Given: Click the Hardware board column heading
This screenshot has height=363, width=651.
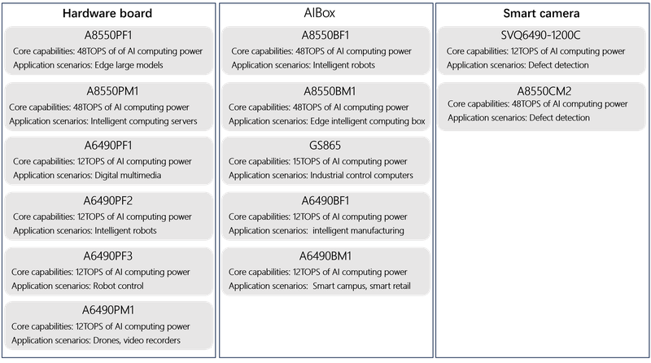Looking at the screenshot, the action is click(x=107, y=13).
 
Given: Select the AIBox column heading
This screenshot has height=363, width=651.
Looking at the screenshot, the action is click(x=319, y=13).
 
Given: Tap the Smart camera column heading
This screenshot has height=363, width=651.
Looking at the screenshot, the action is click(x=541, y=13).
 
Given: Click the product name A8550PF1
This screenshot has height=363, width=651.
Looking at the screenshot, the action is click(x=108, y=35).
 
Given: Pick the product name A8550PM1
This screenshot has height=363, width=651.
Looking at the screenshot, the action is click(x=112, y=91).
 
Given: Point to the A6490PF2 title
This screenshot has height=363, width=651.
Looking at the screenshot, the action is click(x=108, y=200).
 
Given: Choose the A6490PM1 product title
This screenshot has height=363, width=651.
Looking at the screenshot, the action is click(x=108, y=310).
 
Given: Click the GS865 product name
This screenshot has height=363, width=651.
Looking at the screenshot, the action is click(x=325, y=146).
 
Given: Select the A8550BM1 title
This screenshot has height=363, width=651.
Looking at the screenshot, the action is click(x=330, y=91).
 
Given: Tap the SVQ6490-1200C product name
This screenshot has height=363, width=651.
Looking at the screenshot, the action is click(x=540, y=35).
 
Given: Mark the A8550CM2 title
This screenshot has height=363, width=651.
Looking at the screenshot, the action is click(x=544, y=91).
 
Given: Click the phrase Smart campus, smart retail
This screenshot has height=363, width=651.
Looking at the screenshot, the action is click(x=361, y=286).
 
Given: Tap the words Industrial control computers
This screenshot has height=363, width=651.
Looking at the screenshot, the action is click(x=361, y=175).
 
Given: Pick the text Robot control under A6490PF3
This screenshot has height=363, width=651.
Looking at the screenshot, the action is click(x=118, y=286).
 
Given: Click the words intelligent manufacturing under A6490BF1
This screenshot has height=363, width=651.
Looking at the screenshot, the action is click(x=358, y=230).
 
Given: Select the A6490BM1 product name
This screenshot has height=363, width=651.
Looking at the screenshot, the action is click(x=325, y=256).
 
